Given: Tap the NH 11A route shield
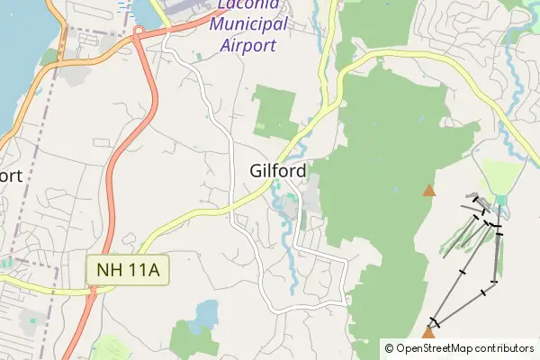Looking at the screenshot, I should click(x=128, y=270).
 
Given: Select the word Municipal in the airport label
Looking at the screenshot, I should click(x=248, y=24).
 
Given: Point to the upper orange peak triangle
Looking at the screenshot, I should click(x=429, y=190).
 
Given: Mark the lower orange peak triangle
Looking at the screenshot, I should click(x=428, y=333).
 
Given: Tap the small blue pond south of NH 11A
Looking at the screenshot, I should click(x=206, y=313).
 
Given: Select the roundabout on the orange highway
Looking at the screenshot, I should click(x=139, y=32).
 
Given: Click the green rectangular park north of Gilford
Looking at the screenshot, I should click(x=274, y=112).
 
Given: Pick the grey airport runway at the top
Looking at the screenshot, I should click(x=193, y=8).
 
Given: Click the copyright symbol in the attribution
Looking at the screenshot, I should click(x=389, y=347).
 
